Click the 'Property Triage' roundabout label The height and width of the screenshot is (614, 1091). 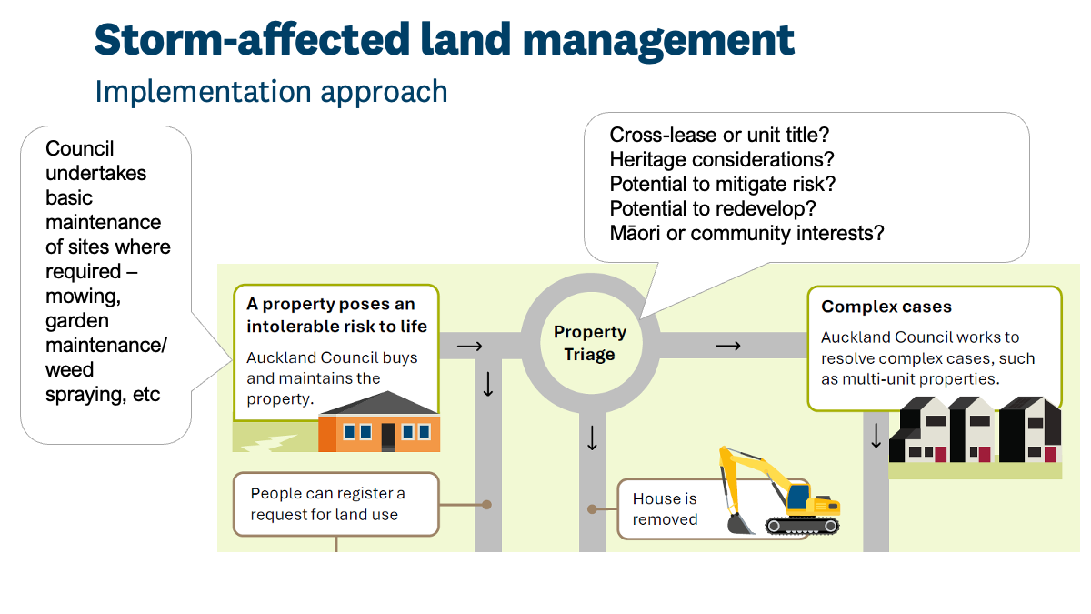click(590, 343)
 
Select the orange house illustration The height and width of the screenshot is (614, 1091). click(380, 423)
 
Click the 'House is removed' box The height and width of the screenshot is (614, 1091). click(666, 509)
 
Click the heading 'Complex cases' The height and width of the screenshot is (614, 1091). click(886, 307)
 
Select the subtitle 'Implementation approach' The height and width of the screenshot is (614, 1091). click(271, 92)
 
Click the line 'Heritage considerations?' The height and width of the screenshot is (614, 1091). click(722, 159)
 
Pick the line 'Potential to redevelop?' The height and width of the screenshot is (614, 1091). click(713, 208)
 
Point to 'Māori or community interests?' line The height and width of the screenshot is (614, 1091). click(746, 233)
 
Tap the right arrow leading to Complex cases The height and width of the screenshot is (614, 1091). click(728, 346)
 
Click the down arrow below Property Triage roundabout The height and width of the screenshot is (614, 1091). click(592, 439)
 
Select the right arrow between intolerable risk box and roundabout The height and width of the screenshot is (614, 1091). click(469, 346)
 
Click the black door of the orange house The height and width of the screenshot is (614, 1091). click(388, 436)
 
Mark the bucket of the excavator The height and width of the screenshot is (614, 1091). click(740, 522)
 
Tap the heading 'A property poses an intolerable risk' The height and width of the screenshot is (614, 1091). click(336, 315)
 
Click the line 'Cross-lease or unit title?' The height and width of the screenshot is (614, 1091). click(719, 135)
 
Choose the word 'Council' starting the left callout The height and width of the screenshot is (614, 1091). click(80, 148)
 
